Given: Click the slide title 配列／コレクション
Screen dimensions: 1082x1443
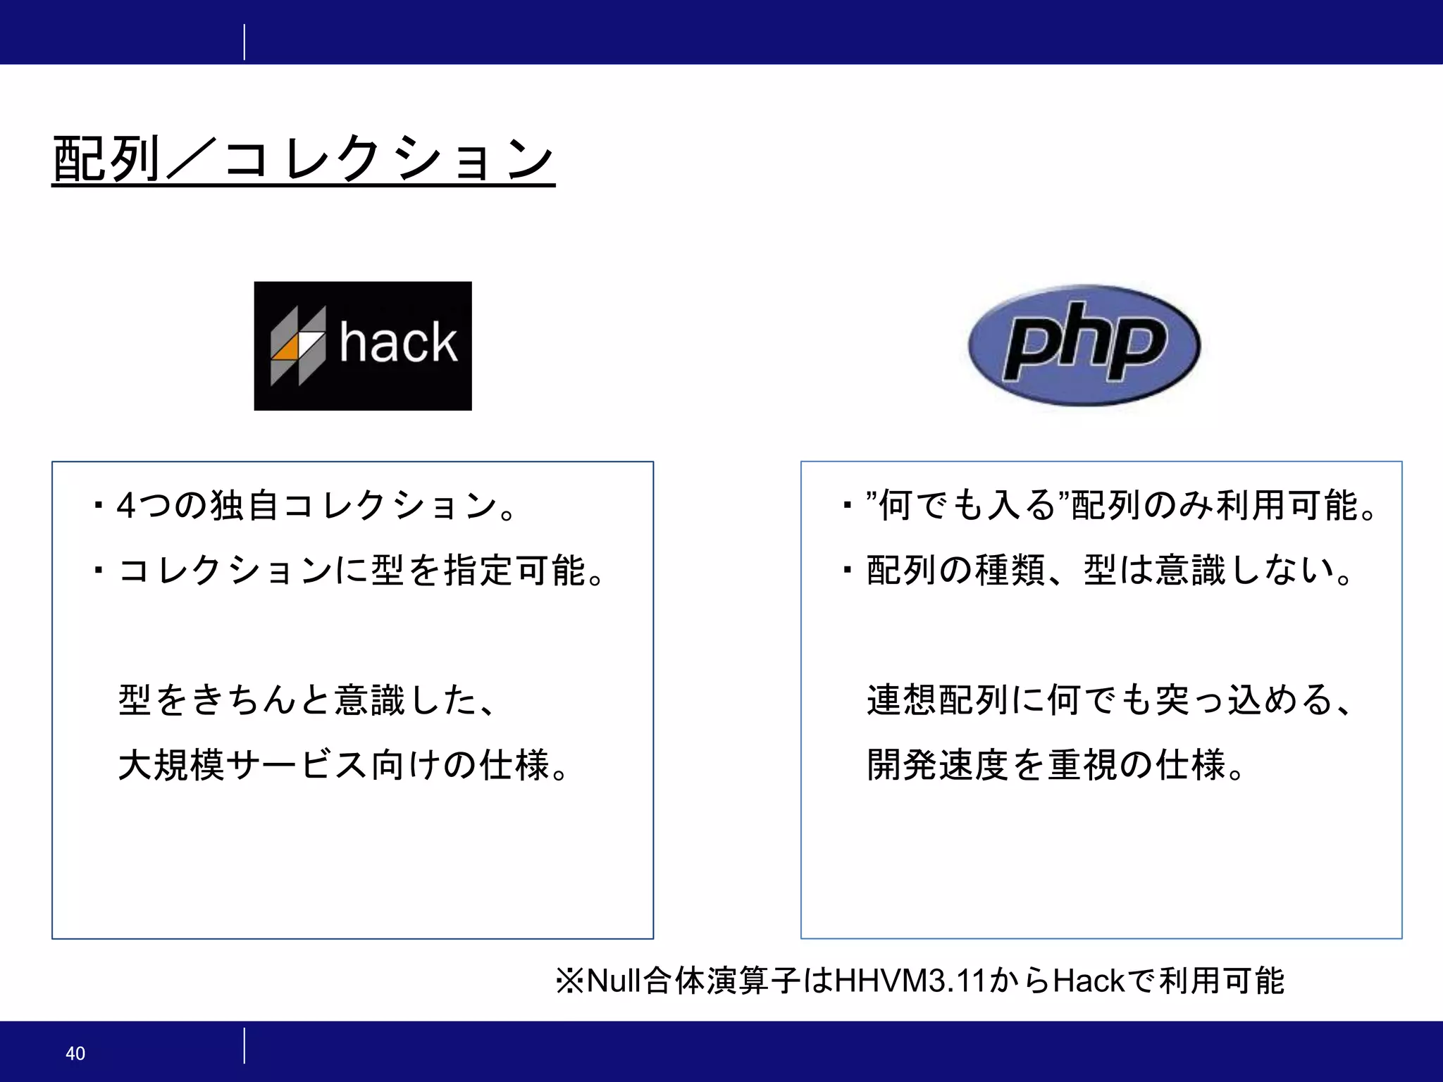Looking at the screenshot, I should (303, 159).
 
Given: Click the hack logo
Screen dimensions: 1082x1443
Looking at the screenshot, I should (363, 346).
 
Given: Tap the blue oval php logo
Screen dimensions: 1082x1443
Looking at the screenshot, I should (1084, 345).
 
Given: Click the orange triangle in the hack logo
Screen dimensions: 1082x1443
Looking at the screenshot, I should (286, 349).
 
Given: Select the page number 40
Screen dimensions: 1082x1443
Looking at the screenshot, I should (75, 1053).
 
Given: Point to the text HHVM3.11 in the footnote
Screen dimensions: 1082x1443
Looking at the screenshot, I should (910, 981).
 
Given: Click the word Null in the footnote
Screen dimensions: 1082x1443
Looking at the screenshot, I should (614, 981).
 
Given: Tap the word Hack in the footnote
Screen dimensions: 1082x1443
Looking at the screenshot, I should (1089, 981).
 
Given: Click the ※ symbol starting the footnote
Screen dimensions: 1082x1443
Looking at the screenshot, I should (569, 981).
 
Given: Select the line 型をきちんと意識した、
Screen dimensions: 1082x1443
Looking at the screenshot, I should (306, 700).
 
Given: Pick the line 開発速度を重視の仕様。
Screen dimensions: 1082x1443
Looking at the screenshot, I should (1057, 765).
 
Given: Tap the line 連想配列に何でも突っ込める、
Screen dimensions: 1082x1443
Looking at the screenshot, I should (1109, 700).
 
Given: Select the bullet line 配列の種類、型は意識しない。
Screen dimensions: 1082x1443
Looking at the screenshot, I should (1109, 571).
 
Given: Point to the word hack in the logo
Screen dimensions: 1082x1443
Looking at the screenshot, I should (399, 343).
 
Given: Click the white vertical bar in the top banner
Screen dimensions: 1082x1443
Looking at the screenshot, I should (244, 42).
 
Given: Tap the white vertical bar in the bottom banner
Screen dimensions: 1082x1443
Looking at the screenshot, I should (244, 1045).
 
